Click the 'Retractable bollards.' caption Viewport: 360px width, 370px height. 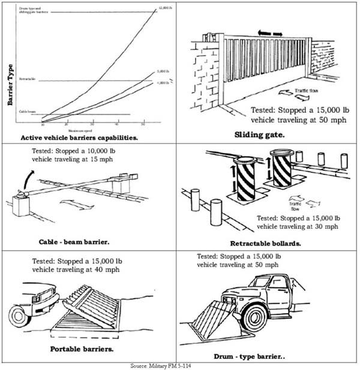click(x=264, y=243)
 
